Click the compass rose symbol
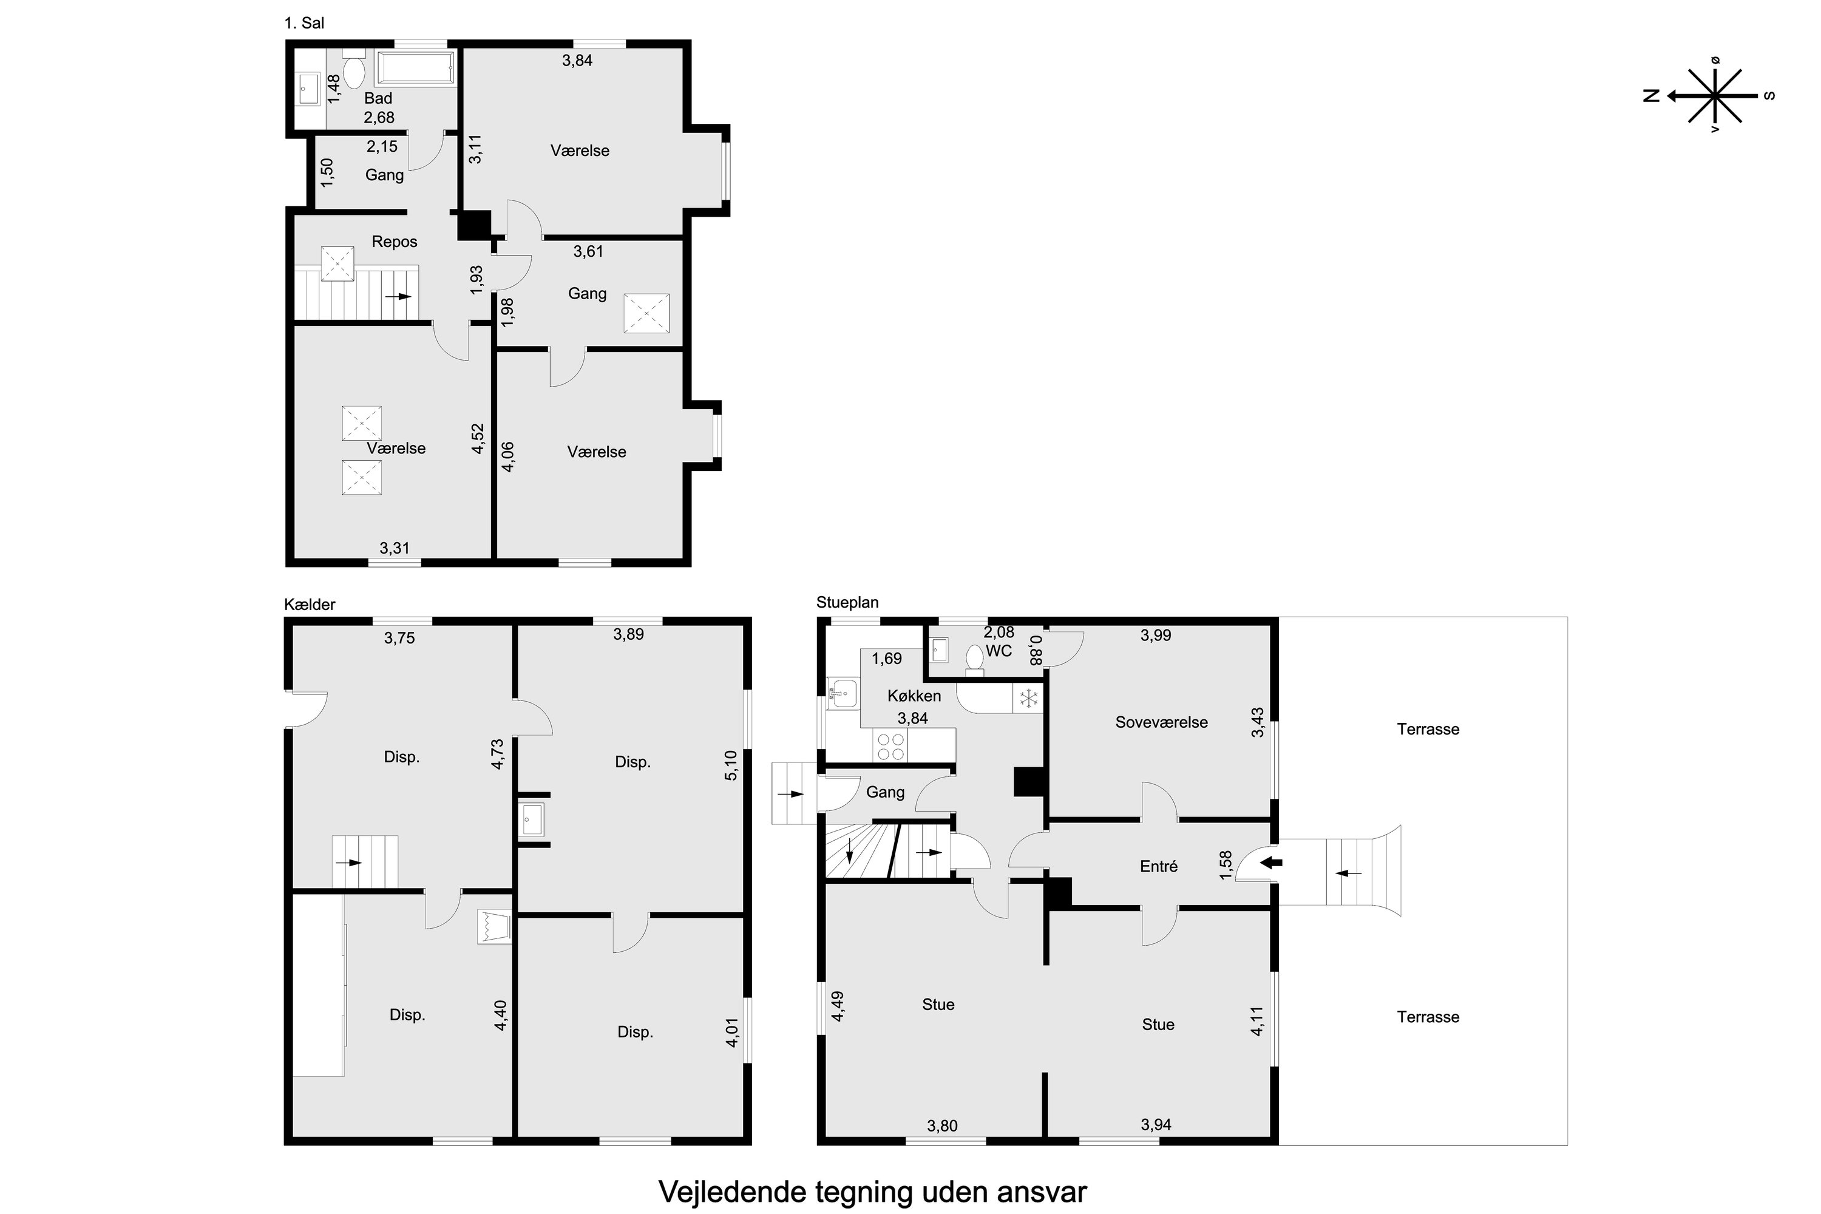(1716, 96)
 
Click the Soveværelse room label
(1161, 722)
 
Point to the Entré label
(1159, 866)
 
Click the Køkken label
(914, 696)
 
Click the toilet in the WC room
(975, 660)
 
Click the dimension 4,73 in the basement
(498, 753)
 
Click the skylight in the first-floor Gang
(646, 313)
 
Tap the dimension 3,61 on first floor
(588, 252)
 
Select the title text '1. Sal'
(304, 23)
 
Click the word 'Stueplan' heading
(848, 602)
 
